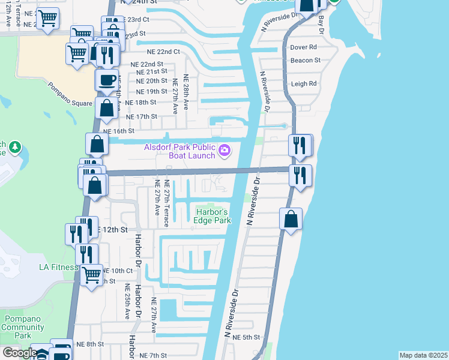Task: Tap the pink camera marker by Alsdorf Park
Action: click(x=224, y=150)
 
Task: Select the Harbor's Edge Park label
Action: click(x=212, y=216)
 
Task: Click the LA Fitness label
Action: click(x=59, y=267)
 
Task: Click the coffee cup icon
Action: click(x=107, y=80)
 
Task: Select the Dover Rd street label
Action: click(x=303, y=47)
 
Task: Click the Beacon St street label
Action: click(x=305, y=61)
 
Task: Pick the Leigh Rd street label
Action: click(x=304, y=84)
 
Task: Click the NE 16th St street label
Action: click(x=118, y=130)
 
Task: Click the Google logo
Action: click(x=19, y=353)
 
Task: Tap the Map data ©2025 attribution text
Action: click(x=423, y=355)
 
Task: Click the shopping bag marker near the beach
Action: click(x=291, y=219)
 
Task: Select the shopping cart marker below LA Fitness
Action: click(x=91, y=276)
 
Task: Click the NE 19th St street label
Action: click(x=151, y=92)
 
